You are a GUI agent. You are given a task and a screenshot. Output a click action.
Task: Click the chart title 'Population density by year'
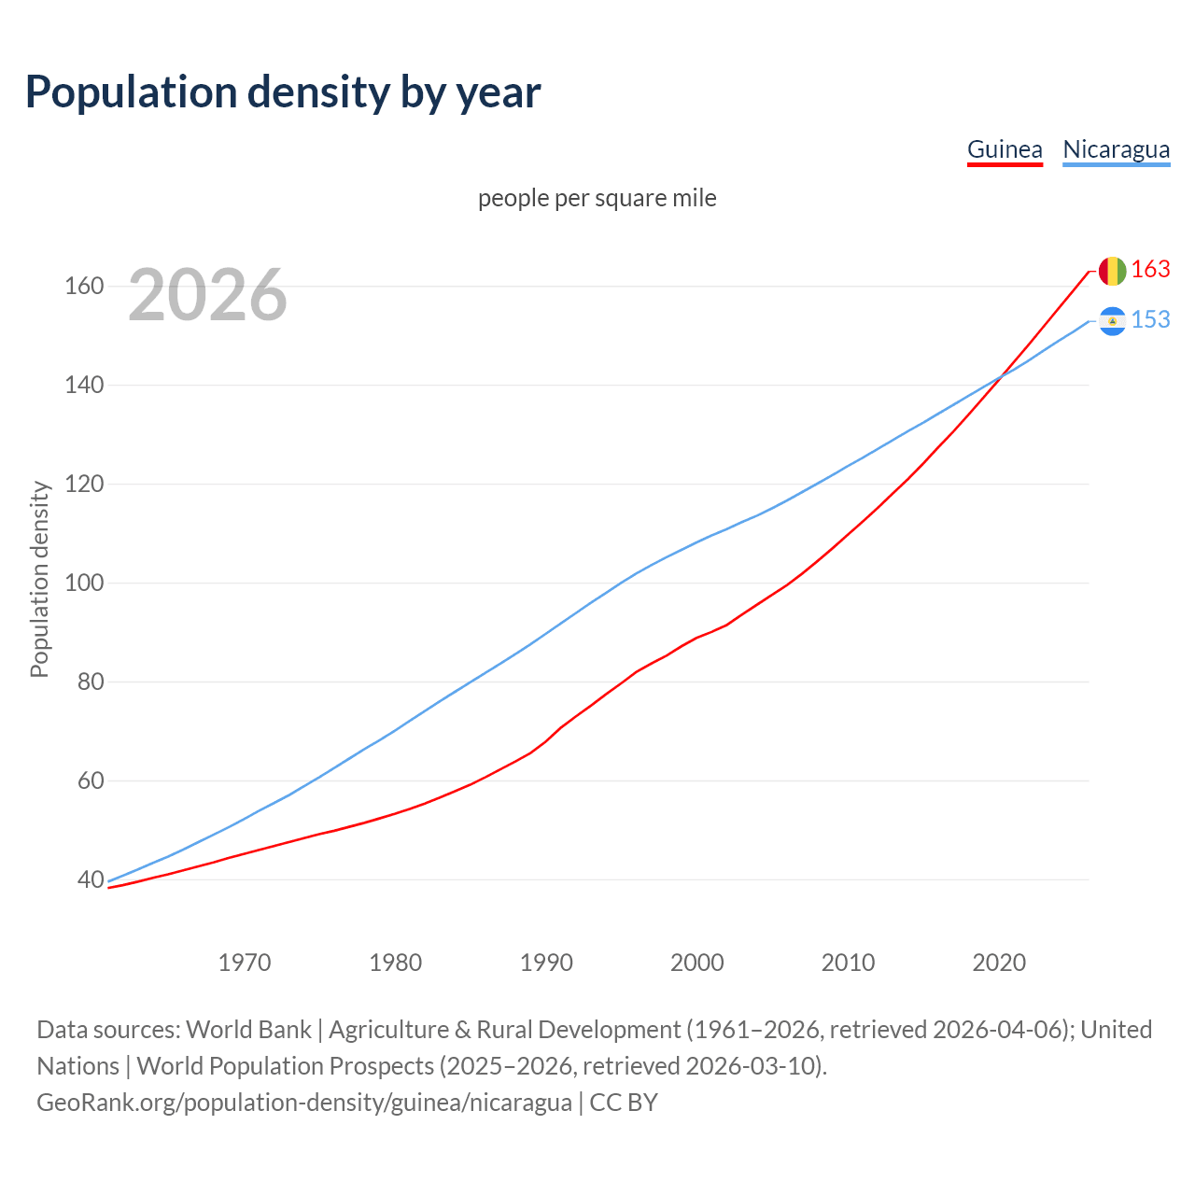tap(283, 92)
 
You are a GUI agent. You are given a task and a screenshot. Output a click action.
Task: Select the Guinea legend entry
tap(1005, 150)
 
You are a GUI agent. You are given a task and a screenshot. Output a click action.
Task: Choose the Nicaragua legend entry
tap(1116, 150)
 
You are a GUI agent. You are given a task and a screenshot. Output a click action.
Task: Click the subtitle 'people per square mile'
tap(597, 199)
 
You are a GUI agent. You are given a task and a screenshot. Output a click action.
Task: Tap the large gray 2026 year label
tap(207, 295)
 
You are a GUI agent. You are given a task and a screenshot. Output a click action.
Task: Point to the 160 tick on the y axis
tap(84, 286)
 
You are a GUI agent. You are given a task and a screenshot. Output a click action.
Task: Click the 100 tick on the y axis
tap(84, 583)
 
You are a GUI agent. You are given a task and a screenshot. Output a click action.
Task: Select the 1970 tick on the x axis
tap(245, 963)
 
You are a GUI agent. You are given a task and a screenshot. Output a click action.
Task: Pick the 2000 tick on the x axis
tap(697, 963)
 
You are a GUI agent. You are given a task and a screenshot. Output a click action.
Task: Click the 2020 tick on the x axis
tap(999, 963)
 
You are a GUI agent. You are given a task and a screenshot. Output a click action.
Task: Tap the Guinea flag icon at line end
tap(1112, 271)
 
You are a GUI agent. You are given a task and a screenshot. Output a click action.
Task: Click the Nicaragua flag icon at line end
tap(1112, 321)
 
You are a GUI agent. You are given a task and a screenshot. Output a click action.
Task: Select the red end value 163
tap(1150, 270)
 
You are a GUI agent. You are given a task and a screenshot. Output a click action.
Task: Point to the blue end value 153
tap(1150, 320)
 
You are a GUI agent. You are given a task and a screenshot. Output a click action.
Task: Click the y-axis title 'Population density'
tap(39, 579)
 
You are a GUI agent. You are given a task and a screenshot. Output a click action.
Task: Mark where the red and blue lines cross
tap(1000, 377)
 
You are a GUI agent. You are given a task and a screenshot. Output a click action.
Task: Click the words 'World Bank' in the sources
tap(248, 1030)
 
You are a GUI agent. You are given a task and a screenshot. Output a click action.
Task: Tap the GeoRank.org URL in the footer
tap(304, 1103)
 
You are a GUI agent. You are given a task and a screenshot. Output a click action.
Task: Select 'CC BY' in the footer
tap(624, 1103)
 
